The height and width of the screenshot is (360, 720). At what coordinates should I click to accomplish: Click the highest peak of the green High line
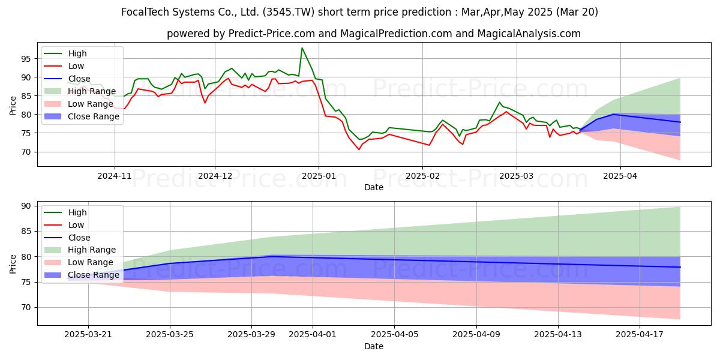coord(302,48)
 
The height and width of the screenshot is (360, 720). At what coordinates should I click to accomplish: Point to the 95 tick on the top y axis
coord(26,59)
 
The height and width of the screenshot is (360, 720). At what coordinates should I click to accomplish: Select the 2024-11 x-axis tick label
coord(115,176)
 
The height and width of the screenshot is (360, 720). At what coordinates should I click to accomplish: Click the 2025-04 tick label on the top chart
coord(620,176)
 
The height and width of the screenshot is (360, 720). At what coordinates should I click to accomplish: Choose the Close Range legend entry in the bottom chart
coord(82,275)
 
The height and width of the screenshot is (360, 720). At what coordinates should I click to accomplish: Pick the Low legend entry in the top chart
coord(64,66)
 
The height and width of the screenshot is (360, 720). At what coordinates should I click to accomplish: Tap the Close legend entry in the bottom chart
coord(67,238)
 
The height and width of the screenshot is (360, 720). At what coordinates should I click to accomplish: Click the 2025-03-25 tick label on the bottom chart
coord(170,335)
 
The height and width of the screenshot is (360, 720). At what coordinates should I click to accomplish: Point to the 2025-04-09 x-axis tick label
coord(476,335)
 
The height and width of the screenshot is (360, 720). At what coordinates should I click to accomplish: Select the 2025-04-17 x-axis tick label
coord(640,335)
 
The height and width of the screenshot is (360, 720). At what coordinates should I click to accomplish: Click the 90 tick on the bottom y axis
coord(26,206)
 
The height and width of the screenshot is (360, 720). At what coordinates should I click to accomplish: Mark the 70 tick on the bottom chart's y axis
coord(26,308)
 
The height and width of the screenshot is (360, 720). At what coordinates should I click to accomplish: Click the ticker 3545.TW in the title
coord(289,12)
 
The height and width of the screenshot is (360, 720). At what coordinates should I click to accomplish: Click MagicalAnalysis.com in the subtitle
coord(529,34)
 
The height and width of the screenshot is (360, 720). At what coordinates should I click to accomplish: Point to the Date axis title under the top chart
coord(373,187)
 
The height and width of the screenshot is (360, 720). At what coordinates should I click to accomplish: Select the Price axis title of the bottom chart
coord(13,264)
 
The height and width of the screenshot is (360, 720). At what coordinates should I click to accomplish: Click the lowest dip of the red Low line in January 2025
coord(359,149)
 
